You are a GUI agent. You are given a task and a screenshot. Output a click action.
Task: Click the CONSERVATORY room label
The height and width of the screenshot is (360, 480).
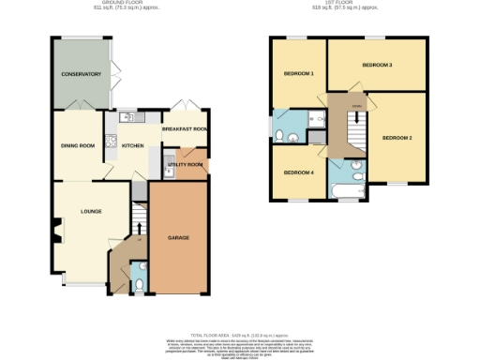pos(81,73)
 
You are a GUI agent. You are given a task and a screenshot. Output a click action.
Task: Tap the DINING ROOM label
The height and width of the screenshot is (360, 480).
pos(79,145)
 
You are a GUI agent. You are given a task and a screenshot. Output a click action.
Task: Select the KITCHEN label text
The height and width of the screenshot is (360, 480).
pos(131,145)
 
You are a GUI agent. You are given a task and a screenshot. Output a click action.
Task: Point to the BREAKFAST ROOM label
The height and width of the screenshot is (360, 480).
pos(185,129)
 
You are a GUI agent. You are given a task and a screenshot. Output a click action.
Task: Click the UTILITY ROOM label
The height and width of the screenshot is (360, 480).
pos(185,165)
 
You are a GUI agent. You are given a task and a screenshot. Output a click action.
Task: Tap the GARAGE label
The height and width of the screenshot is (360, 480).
pos(178,237)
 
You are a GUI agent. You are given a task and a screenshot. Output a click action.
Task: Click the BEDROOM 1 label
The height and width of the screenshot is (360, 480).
pos(299,73)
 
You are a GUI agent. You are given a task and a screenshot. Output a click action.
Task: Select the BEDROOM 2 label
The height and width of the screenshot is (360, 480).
pos(397,138)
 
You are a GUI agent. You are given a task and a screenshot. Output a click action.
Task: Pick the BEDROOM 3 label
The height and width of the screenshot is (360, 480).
pos(378,65)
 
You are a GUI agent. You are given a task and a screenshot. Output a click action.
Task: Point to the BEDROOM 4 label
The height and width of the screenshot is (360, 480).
pos(299,172)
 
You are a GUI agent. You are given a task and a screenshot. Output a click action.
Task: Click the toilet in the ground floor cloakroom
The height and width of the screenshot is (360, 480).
pos(138,278)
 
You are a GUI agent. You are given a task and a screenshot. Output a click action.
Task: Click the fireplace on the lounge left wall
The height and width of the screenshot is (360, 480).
pos(57,228)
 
